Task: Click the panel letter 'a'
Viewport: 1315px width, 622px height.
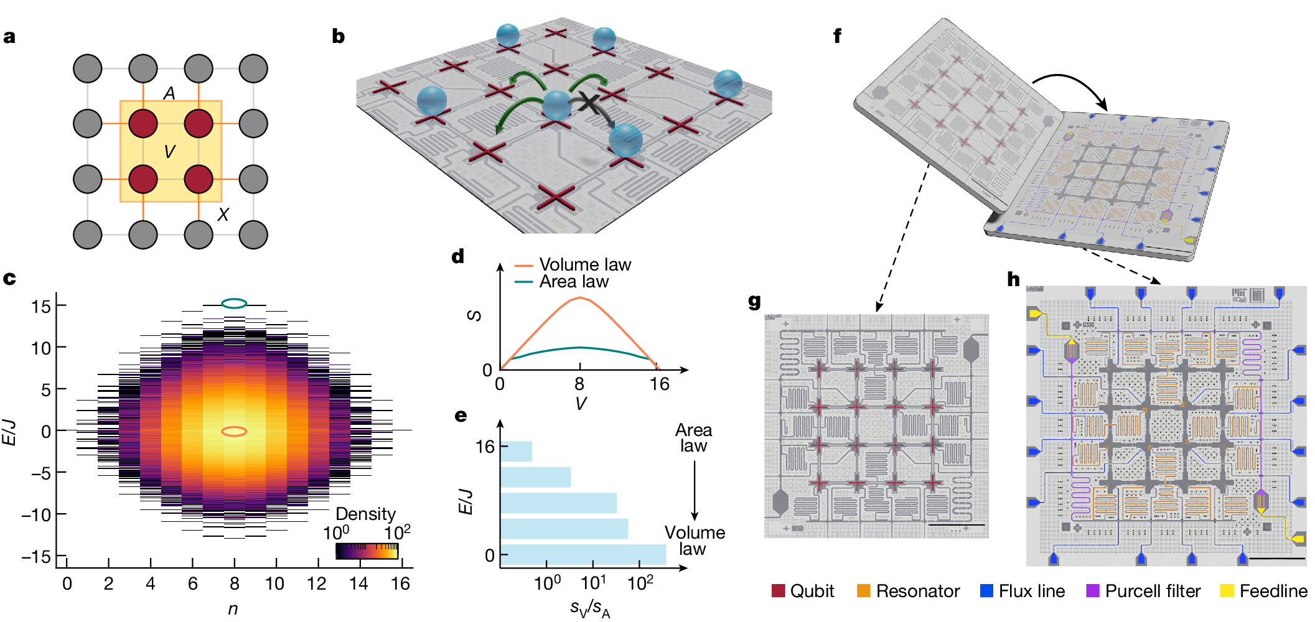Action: point(9,37)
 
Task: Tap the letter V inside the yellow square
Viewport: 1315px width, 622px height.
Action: point(169,152)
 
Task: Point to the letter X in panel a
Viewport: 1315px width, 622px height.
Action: point(223,215)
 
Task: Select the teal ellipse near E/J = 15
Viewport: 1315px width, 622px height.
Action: point(235,304)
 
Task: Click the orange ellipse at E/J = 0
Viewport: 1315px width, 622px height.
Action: point(235,431)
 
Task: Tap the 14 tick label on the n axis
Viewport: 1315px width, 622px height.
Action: point(358,583)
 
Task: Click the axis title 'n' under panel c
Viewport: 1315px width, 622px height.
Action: point(233,609)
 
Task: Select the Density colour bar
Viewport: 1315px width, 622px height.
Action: point(367,551)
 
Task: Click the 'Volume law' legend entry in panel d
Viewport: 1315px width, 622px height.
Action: point(573,265)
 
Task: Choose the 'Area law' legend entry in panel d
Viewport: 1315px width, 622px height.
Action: point(562,282)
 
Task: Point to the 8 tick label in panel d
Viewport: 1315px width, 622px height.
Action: point(579,384)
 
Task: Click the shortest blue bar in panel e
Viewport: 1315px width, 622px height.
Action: point(517,452)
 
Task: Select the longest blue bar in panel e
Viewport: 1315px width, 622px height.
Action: point(583,555)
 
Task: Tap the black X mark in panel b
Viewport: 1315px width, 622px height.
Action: point(589,103)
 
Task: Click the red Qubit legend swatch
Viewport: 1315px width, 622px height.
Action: point(778,591)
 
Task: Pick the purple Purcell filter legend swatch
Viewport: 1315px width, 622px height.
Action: point(1093,591)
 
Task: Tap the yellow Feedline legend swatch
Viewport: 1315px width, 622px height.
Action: point(1227,591)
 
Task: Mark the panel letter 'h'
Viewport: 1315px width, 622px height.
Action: point(1014,279)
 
